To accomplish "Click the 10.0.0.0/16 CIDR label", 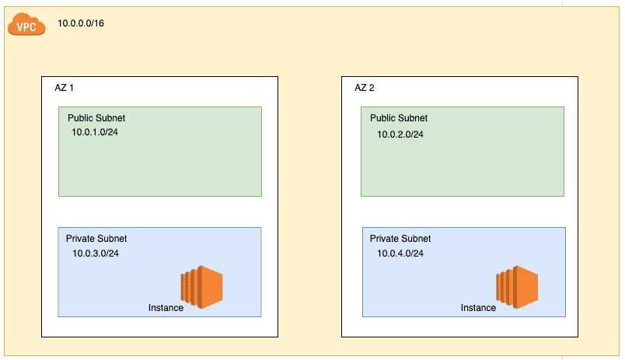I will pyautogui.click(x=81, y=23).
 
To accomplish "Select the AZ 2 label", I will pyautogui.click(x=365, y=88).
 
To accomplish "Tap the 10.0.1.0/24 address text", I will pyautogui.click(x=95, y=132).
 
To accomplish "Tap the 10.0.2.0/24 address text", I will pyautogui.click(x=400, y=134).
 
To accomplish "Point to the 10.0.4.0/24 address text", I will pyautogui.click(x=400, y=253).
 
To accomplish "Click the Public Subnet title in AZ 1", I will pyautogui.click(x=96, y=118).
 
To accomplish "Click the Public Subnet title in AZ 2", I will pyautogui.click(x=398, y=118).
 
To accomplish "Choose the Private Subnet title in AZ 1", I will pyautogui.click(x=96, y=239).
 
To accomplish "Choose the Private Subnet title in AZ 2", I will pyautogui.click(x=400, y=239).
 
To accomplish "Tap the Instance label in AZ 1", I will pyautogui.click(x=166, y=308).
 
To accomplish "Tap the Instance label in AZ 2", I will pyautogui.click(x=478, y=308).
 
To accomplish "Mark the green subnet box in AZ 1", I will pyautogui.click(x=159, y=167).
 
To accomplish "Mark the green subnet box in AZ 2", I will pyautogui.click(x=463, y=167).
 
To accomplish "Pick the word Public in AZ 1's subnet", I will pyautogui.click(x=80, y=118).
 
